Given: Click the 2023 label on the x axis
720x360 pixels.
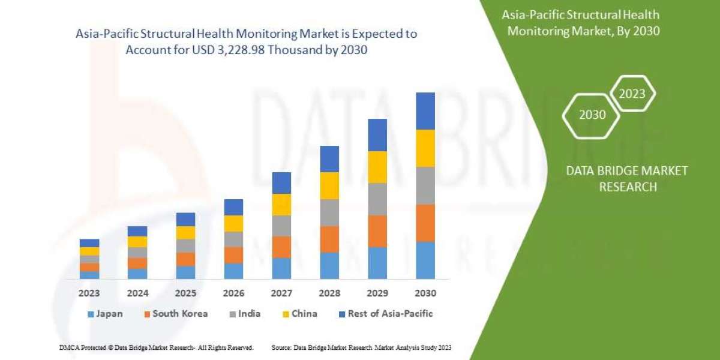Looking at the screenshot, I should [89, 293].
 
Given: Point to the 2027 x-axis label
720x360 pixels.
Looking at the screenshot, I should [281, 293].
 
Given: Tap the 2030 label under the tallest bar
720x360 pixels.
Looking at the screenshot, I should [425, 293].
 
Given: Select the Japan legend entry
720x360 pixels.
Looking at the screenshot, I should [107, 313].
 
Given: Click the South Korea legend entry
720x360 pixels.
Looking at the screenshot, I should [175, 313].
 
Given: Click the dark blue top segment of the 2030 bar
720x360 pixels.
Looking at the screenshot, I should [425, 111].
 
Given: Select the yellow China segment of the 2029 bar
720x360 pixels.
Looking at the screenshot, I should [377, 167].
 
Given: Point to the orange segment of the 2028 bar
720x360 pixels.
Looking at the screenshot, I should [329, 239].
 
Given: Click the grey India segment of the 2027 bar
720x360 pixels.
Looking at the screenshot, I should [281, 226].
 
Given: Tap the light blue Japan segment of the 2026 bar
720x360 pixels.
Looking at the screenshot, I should [233, 271].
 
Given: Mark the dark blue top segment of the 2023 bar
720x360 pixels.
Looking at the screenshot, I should [89, 243].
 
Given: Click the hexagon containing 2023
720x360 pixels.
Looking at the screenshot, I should [632, 94].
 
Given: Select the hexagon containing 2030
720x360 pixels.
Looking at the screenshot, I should [592, 115].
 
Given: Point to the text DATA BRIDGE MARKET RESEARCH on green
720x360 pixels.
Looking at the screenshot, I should [627, 179].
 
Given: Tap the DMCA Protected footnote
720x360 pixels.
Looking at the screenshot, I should [156, 347].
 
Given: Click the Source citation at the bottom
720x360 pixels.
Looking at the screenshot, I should [361, 347].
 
